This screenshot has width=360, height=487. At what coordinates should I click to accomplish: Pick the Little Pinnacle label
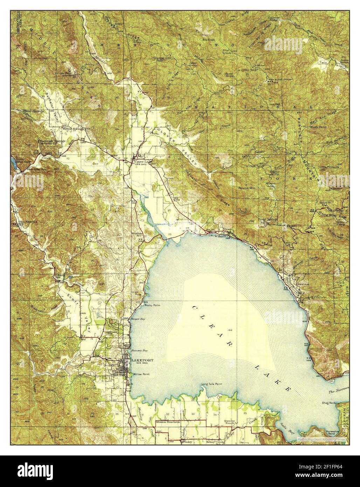[x=329, y=167]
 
